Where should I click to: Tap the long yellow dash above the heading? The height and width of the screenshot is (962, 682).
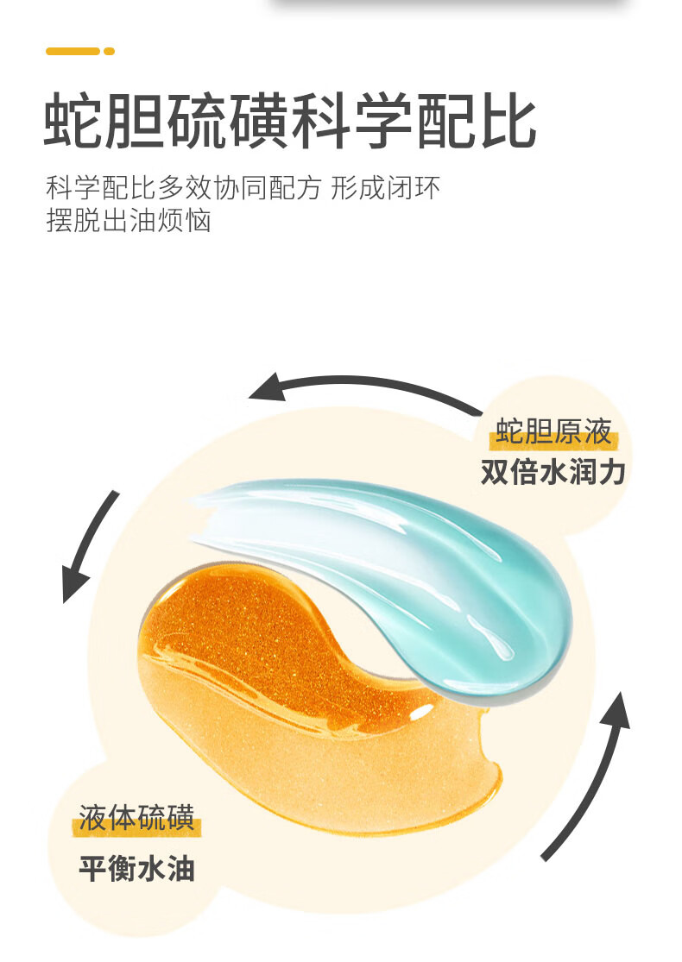[73, 51]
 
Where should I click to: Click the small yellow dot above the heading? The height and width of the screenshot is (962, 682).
[109, 51]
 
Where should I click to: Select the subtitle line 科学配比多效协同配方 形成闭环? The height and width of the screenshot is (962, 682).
[244, 188]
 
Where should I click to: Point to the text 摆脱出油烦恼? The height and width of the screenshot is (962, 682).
[129, 221]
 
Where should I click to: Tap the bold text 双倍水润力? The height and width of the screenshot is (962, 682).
[553, 472]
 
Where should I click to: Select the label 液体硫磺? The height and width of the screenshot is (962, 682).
[137, 817]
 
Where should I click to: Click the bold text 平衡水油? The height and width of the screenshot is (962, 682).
[137, 867]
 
